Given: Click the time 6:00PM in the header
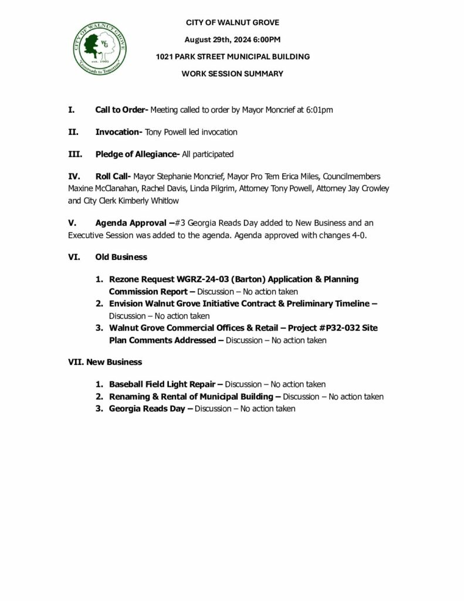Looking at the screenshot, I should [x=264, y=40].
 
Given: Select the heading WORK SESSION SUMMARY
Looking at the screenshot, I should [x=232, y=74].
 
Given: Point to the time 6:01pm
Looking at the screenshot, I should [x=320, y=110].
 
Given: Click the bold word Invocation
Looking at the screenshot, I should [x=118, y=133].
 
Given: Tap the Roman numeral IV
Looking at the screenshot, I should [x=73, y=177].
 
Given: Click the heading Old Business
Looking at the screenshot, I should [x=121, y=257].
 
